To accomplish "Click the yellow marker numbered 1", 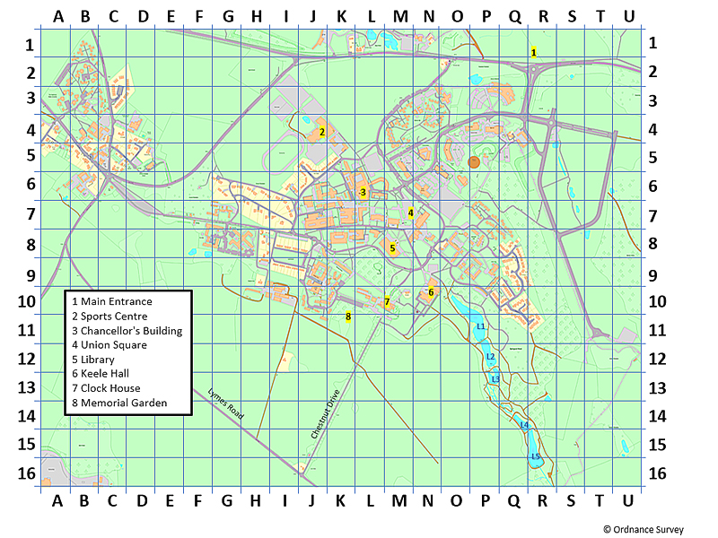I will point(533,53).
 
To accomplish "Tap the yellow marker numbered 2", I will point(321,132).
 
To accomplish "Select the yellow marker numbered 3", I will point(363,192).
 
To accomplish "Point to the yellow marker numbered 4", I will point(410,213).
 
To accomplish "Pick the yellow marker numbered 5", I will point(392,248).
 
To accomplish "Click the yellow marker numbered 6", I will point(431,291).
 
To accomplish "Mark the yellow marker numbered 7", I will point(387,302).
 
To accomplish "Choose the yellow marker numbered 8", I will point(347,316).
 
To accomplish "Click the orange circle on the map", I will point(474,162).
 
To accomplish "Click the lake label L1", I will point(480,326).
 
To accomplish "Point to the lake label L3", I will point(495,379).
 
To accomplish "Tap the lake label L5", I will point(535,456).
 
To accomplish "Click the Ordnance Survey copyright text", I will point(643,530).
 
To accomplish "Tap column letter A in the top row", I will point(57,16).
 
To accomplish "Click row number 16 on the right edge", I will point(656,473).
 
